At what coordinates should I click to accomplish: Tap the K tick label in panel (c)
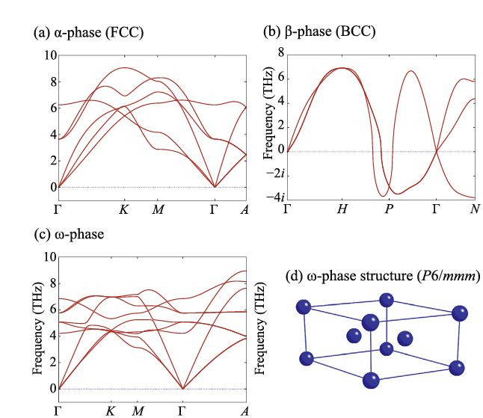pyautogui.click(x=111, y=411)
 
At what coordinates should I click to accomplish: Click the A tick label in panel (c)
pyautogui.click(x=244, y=411)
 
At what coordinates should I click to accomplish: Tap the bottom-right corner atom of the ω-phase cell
pyautogui.click(x=457, y=367)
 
